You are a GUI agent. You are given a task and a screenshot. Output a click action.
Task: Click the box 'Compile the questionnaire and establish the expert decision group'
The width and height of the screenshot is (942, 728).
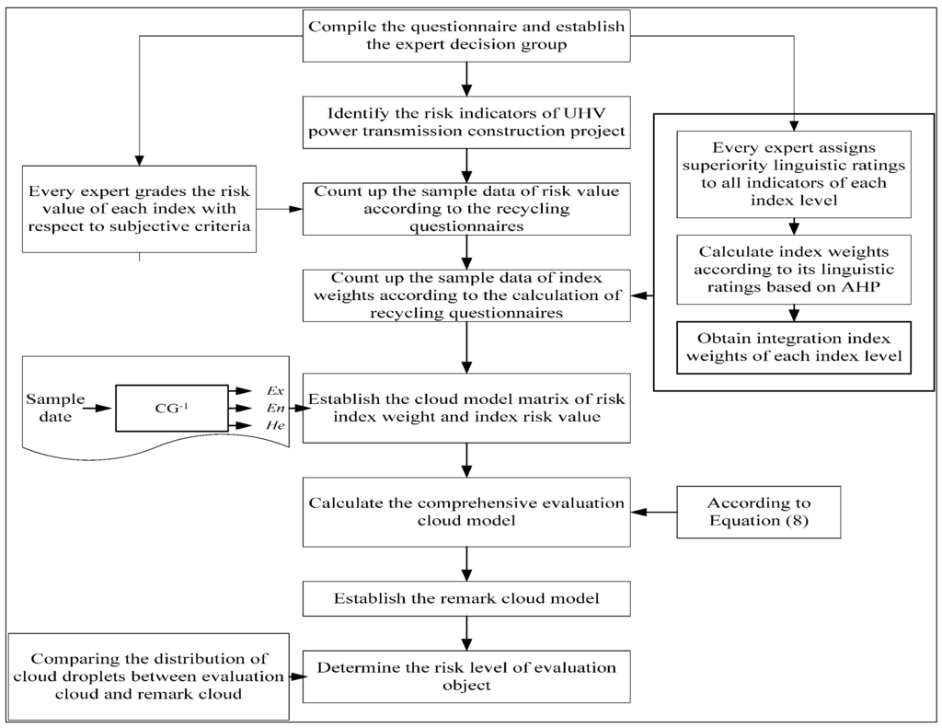[x=466, y=37]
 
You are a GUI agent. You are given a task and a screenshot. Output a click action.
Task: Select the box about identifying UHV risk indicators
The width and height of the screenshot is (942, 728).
[x=466, y=121]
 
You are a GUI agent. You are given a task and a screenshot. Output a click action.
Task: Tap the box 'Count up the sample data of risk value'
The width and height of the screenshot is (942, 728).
[x=466, y=208]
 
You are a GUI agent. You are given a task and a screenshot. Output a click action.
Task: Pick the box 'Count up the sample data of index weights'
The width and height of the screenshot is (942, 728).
[x=466, y=295]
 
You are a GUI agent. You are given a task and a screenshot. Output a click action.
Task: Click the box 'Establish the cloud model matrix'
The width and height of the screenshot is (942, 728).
[x=466, y=408]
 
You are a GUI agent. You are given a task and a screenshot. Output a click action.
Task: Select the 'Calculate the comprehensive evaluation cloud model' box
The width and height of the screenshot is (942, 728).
[x=466, y=513]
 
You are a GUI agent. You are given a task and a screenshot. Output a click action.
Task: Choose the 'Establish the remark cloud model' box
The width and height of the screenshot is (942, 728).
[x=466, y=598]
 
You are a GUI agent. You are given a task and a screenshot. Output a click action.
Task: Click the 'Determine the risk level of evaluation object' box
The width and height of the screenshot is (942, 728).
[x=466, y=676]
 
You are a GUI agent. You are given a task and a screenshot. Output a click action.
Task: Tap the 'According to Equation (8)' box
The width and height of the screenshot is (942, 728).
[x=759, y=513]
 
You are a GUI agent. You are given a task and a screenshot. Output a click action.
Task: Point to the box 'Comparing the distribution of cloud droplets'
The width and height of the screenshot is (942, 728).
[x=148, y=676]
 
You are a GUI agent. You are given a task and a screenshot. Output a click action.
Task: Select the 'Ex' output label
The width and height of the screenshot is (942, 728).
[x=273, y=390]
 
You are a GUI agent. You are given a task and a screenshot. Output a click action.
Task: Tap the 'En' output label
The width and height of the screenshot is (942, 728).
[x=273, y=408]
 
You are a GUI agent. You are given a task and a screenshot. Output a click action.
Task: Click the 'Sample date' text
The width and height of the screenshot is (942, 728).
[x=54, y=408]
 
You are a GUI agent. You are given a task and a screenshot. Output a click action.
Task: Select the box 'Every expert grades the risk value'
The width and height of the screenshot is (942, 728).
[x=139, y=208]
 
